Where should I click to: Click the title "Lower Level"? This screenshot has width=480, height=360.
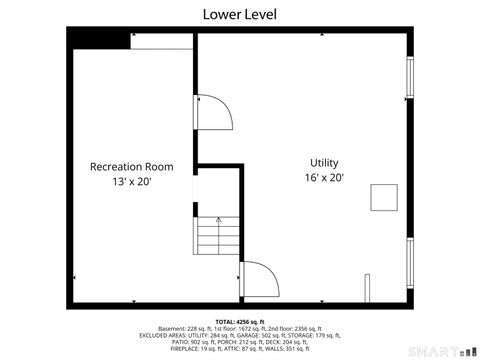[240, 14]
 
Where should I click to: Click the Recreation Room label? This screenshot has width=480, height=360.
[132, 166]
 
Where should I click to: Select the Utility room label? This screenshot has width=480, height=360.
[324, 162]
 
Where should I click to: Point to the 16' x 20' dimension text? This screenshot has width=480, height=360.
[324, 178]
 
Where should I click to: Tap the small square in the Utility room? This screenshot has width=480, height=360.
[383, 197]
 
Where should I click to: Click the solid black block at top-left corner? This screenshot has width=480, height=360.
[97, 38]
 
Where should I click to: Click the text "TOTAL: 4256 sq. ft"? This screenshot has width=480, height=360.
[240, 320]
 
